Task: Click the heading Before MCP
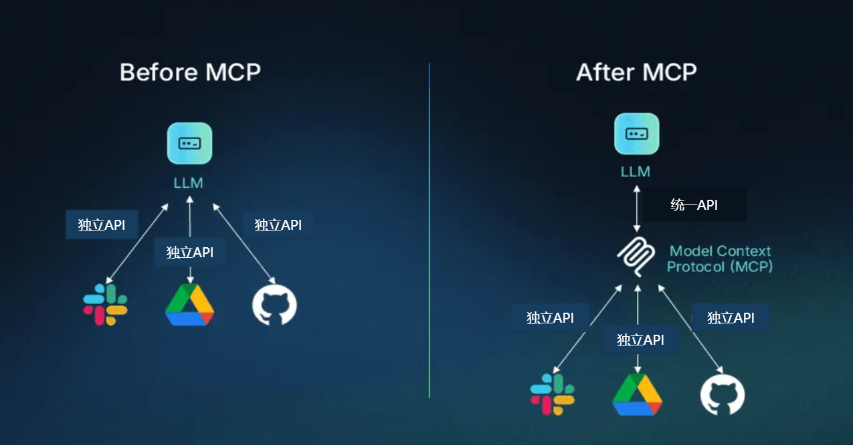[190, 71]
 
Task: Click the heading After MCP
[636, 71]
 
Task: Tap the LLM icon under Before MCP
[189, 143]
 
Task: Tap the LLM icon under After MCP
[636, 134]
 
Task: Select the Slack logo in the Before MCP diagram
[105, 305]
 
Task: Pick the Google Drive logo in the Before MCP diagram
[190, 305]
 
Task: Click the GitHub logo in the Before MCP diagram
[274, 305]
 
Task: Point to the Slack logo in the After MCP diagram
[553, 394]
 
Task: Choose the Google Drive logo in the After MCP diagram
[637, 395]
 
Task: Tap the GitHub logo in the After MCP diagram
[723, 395]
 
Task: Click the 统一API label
[694, 205]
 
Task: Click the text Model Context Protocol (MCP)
[719, 259]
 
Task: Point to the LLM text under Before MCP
[189, 182]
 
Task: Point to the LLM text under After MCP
[636, 172]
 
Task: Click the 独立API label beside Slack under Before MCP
[101, 225]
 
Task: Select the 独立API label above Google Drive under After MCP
[640, 340]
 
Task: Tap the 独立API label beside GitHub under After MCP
[731, 318]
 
